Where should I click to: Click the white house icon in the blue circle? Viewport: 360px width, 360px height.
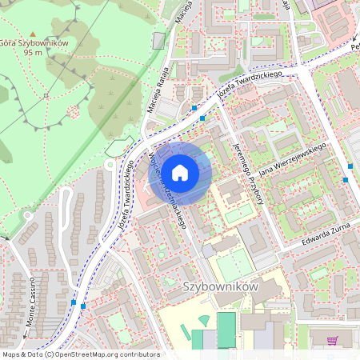point(181,171)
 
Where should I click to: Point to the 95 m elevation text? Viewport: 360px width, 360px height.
point(33,53)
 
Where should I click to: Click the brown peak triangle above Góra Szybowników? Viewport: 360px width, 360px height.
point(33,32)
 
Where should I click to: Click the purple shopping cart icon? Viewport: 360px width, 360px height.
point(332,340)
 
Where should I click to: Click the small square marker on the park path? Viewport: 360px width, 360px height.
point(46,96)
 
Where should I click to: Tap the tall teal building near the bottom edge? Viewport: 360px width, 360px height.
point(226,330)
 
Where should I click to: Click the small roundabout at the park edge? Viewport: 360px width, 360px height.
point(110,165)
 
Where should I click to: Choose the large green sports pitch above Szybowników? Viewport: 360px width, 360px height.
point(234,265)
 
